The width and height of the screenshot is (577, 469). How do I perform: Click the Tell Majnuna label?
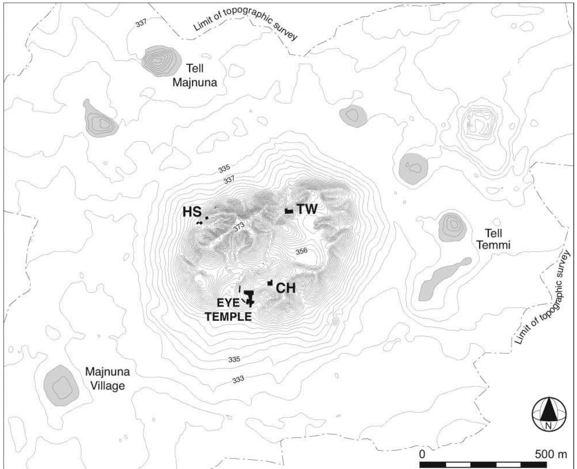[x=195, y=76]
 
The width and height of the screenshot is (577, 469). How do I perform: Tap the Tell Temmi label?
[x=493, y=239]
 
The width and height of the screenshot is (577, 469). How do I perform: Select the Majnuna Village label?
[x=107, y=378]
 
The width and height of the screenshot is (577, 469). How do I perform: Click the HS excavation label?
[x=192, y=212]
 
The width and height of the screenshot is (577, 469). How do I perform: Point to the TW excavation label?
[x=307, y=209]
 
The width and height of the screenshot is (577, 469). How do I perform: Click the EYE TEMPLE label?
[x=228, y=310]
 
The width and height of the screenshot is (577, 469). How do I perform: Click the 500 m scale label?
[x=551, y=454]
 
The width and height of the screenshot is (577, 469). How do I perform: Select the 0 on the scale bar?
[x=422, y=454]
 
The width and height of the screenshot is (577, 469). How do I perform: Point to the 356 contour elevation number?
[x=301, y=251]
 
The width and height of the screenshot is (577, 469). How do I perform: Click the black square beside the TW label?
[x=289, y=211]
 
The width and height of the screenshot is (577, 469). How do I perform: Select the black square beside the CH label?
[x=270, y=283]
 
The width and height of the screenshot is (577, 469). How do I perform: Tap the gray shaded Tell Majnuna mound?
[x=161, y=61]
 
